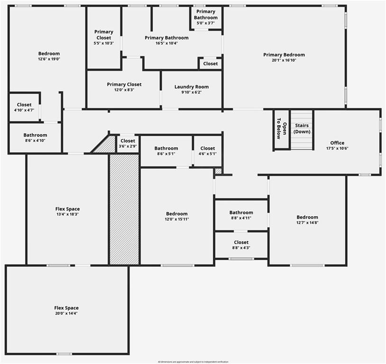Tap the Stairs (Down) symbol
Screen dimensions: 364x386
pyautogui.click(x=302, y=129)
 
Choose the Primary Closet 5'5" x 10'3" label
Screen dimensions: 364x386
pyautogui.click(x=104, y=37)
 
